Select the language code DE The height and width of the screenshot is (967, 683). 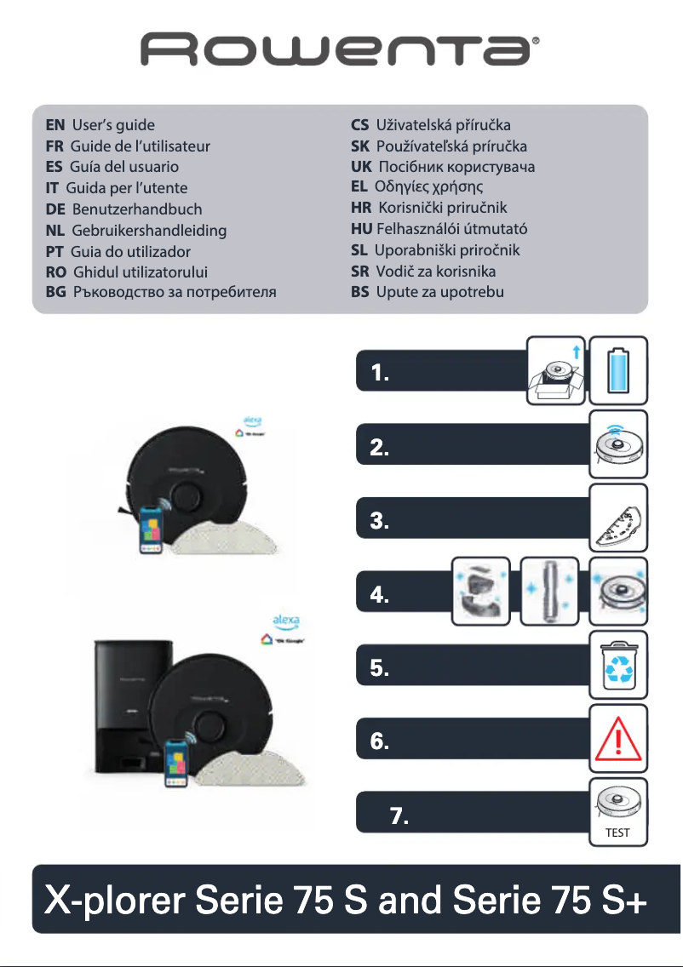click(56, 209)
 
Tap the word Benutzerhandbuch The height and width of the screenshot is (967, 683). click(137, 209)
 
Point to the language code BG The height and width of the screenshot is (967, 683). click(56, 293)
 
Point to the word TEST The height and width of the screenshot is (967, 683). click(617, 833)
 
